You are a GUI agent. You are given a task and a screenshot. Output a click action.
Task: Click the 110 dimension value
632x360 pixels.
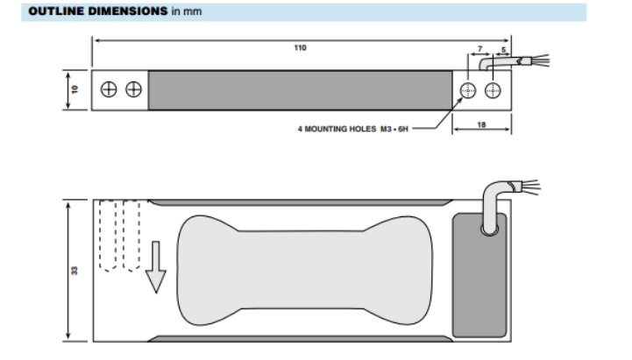300,49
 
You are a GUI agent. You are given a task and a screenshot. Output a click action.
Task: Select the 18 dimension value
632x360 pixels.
481,125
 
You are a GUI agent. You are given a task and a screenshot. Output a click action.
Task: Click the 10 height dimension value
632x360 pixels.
75,90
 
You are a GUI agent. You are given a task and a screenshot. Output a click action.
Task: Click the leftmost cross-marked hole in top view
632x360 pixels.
110,90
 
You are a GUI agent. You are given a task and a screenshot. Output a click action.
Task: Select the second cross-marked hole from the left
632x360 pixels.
133,90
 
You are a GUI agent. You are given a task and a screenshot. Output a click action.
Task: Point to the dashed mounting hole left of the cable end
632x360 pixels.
466,91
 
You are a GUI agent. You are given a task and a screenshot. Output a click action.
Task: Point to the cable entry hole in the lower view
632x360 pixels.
488,229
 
